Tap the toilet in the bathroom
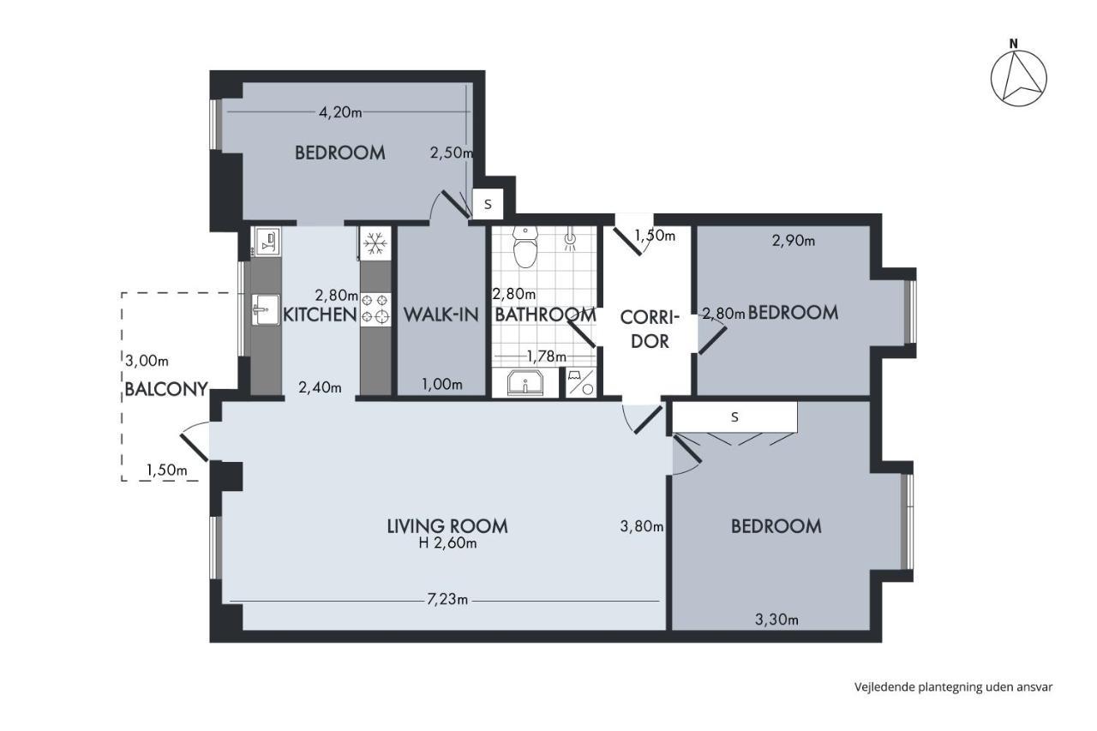(525, 248)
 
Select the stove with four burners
(375, 309)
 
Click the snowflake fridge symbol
(375, 243)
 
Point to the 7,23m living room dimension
(447, 599)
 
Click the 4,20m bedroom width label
(340, 112)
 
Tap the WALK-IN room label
(441, 315)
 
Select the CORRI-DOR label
(650, 329)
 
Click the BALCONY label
(166, 389)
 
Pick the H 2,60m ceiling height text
(447, 543)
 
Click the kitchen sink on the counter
(265, 309)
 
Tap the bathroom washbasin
(525, 382)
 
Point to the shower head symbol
(570, 240)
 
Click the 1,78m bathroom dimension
(546, 356)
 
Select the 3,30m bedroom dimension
(776, 620)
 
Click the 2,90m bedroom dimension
(794, 241)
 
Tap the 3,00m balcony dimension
(147, 362)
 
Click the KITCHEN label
(320, 315)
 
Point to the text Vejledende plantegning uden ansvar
(954, 687)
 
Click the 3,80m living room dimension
(642, 526)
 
